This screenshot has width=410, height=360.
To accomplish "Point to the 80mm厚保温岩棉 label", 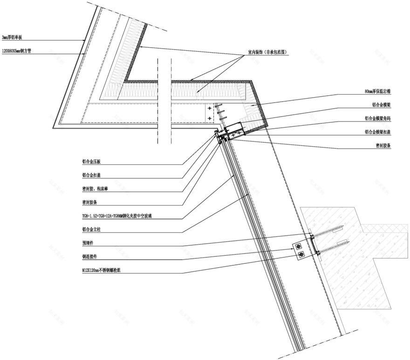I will pyautogui.click(x=378, y=92).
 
